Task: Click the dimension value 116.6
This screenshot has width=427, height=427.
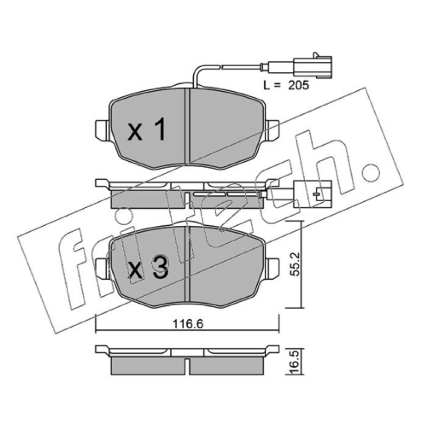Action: click(x=188, y=324)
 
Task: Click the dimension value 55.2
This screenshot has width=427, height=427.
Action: click(x=295, y=264)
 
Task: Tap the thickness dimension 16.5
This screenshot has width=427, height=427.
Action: click(x=295, y=362)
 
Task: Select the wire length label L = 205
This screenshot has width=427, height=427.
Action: click(x=286, y=85)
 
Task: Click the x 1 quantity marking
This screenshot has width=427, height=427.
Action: click(x=146, y=129)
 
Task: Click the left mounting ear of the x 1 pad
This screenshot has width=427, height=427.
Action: click(x=103, y=131)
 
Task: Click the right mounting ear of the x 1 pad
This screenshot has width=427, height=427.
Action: click(x=272, y=131)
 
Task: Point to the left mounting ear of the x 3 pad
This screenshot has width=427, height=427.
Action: click(x=103, y=268)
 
